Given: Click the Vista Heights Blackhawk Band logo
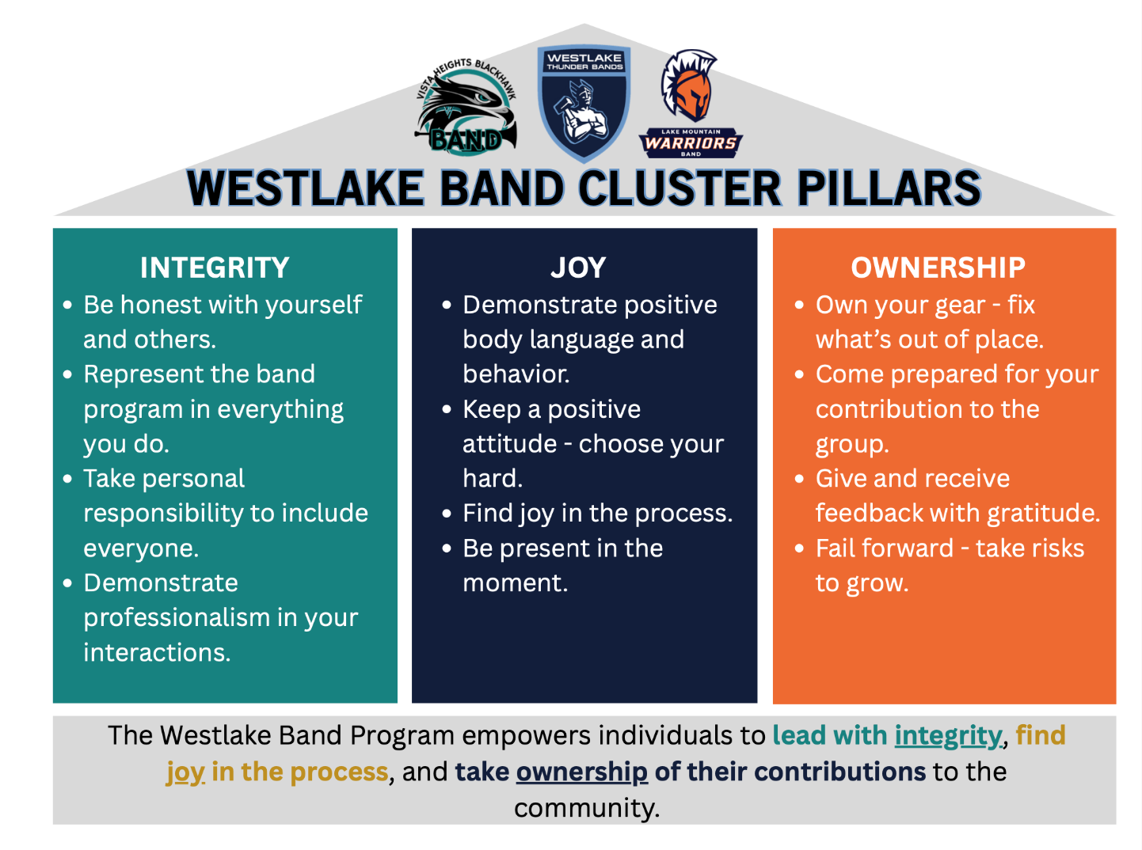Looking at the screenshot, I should point(467,108).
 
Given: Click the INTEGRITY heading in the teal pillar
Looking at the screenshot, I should point(215,268).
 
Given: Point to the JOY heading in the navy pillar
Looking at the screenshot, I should point(578,268).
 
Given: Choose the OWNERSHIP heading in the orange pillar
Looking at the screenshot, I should point(938,268).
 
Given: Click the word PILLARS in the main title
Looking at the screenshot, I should point(889,188).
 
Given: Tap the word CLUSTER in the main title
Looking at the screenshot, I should point(679,188).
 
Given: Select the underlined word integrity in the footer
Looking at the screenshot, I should point(948,736).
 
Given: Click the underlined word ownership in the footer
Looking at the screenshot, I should point(581,772).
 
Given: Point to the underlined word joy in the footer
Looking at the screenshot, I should point(185,772).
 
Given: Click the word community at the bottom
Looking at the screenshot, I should point(586,808).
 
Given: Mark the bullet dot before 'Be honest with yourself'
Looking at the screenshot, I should point(68,305).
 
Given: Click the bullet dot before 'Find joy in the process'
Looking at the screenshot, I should point(447,514).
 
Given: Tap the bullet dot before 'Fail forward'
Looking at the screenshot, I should point(800,548).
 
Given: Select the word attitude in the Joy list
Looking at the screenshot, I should point(509,444).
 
